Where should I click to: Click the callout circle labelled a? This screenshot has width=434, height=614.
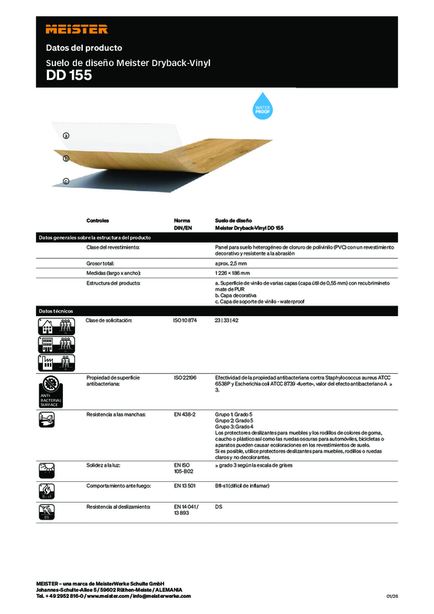(x=66, y=135)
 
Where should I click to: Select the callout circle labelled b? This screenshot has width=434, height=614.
(x=66, y=159)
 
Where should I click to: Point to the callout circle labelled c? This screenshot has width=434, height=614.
(x=66, y=181)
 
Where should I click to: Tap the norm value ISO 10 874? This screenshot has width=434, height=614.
(x=186, y=319)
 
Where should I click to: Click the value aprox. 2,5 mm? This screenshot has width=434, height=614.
(x=231, y=262)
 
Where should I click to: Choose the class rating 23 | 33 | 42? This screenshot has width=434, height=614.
(x=228, y=319)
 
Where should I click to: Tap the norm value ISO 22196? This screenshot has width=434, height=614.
(x=186, y=378)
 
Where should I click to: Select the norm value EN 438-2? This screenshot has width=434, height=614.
(x=185, y=414)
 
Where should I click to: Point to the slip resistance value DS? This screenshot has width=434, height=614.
(x=219, y=507)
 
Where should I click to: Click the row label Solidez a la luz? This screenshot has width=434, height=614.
(x=105, y=465)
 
